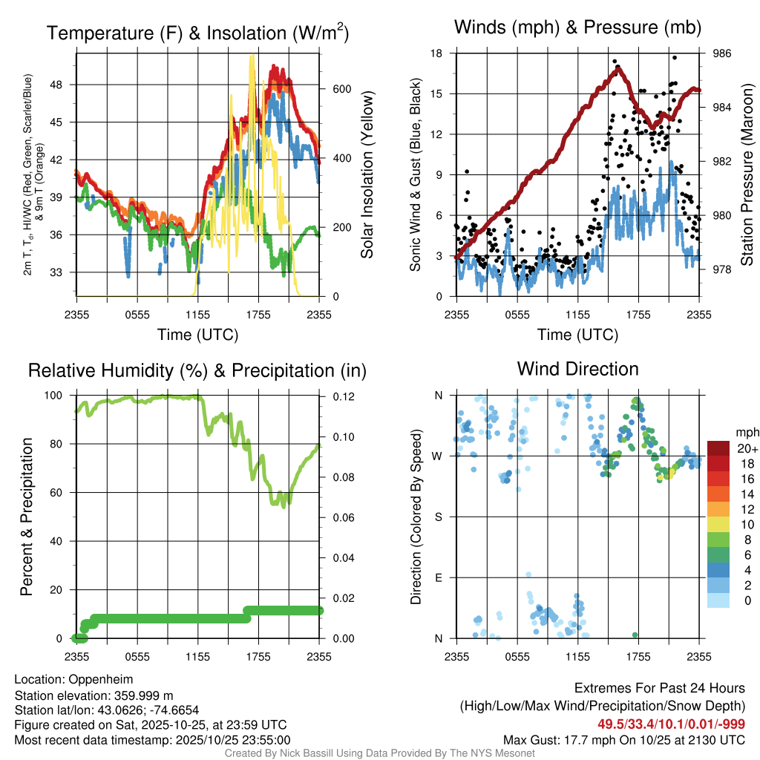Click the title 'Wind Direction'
[577, 369]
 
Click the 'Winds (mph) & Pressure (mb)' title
[577, 27]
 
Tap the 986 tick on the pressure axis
[723, 53]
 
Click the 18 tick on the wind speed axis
[436, 53]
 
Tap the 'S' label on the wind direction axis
[439, 517]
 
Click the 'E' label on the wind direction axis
[439, 577]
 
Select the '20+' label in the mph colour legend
[746, 448]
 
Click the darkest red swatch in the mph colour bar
[718, 448]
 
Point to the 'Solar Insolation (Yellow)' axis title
[367, 175]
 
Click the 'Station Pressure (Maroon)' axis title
[747, 175]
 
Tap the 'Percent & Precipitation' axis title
[26, 517]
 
